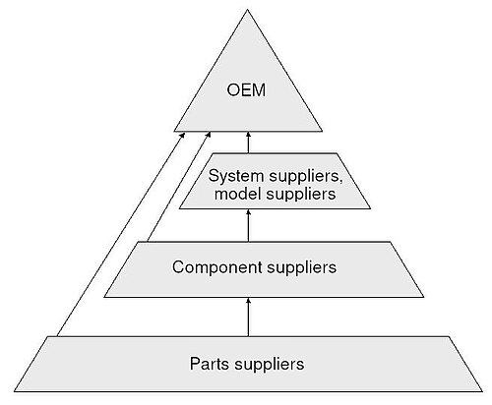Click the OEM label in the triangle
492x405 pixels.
click(x=246, y=90)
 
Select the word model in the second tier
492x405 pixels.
click(x=237, y=194)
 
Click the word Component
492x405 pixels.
click(x=217, y=267)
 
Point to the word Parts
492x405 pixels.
click(x=210, y=364)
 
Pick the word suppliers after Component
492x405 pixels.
click(x=302, y=268)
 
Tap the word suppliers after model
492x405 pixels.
click(x=301, y=195)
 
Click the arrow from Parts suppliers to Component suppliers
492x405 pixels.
click(x=248, y=317)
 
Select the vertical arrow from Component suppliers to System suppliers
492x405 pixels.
click(x=248, y=226)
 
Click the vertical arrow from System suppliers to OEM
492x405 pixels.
click(x=248, y=143)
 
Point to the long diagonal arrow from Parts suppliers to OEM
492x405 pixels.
click(x=121, y=234)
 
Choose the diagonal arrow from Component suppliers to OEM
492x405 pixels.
click(x=179, y=187)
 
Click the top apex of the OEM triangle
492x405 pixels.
click(x=247, y=10)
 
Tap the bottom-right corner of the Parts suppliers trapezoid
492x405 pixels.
click(x=482, y=391)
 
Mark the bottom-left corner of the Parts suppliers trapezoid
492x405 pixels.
click(x=14, y=391)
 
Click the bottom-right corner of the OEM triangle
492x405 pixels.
click(x=322, y=132)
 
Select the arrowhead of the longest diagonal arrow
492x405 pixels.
click(x=183, y=135)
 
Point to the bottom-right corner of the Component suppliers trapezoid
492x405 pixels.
click(x=424, y=297)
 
